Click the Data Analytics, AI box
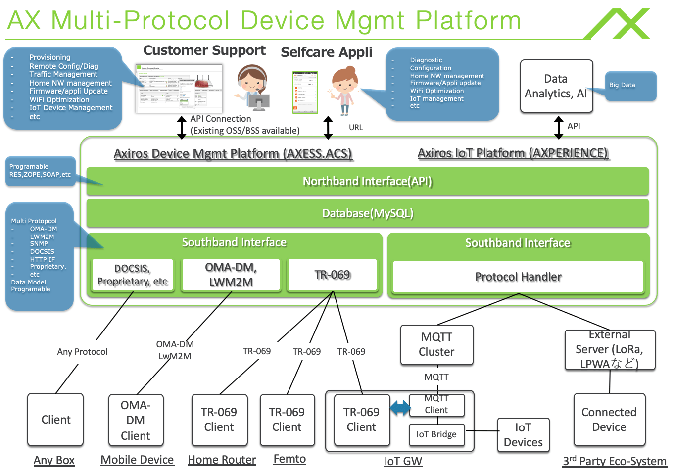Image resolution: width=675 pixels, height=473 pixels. pos(556,86)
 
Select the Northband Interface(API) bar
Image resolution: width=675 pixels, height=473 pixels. pos(367,181)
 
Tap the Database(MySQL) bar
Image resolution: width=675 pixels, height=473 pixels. pos(367,213)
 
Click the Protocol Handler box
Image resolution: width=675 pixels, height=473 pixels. pos(518,277)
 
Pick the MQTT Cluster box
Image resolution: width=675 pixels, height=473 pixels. pos(436,345)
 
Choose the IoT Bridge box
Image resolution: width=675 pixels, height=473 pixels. pos(436,434)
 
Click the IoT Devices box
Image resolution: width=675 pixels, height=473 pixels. pos(523,435)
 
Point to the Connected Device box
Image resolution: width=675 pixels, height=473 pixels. pos(609,420)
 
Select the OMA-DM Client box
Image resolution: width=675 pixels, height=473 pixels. pos(136,420)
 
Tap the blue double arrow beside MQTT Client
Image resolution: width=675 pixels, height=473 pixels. pos(400,408)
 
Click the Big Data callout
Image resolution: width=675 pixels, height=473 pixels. pos(630,86)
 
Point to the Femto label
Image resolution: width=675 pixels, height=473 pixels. pos(289,459)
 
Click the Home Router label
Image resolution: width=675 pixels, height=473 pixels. pos(222,460)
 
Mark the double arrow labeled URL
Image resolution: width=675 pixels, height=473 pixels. pos(328,128)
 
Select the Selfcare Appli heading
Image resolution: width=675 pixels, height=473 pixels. pos(326,52)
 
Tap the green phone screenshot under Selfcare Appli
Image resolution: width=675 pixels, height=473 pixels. pos(305,93)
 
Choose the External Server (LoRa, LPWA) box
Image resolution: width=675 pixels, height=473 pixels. pos(610,350)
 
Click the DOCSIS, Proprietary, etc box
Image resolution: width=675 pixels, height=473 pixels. pos(133,275)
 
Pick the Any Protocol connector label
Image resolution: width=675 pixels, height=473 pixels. pos(82,352)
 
